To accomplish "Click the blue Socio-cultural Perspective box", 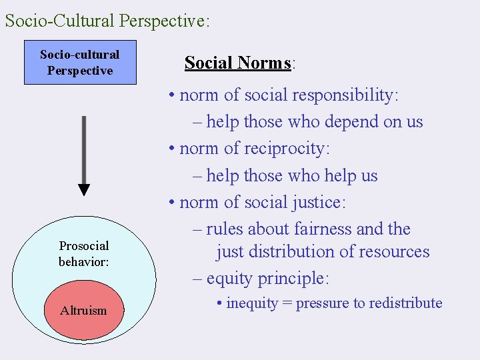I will click(x=80, y=63).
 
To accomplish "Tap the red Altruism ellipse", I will click(x=83, y=310).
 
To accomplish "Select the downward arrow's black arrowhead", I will click(x=84, y=189).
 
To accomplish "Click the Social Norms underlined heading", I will click(x=238, y=63).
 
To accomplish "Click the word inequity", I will click(x=252, y=303).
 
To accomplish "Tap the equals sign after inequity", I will click(x=287, y=304).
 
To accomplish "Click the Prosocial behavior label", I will click(x=84, y=254).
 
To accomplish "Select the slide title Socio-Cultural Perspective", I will click(x=107, y=21).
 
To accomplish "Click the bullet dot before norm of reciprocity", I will click(x=172, y=149).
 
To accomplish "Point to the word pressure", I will click(x=321, y=304).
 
